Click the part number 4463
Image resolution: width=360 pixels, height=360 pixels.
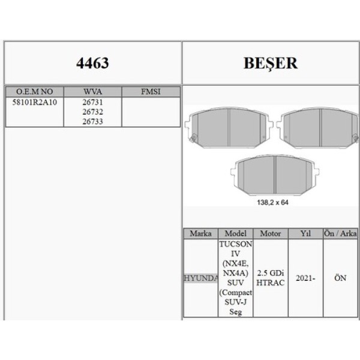coord(92,63)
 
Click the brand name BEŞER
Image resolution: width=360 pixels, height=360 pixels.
coord(271,63)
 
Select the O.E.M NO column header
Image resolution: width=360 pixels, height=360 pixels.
coord(34,92)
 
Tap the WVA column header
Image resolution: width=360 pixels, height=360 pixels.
coord(92,92)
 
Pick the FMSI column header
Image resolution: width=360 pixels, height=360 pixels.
coord(150,92)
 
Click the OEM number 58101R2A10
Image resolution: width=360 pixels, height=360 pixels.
coord(34,102)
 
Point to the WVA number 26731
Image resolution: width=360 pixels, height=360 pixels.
coord(92,102)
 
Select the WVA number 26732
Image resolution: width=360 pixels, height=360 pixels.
coord(92,112)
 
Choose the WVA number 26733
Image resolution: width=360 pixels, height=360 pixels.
coord(92,121)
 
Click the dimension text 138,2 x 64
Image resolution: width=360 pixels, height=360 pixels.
coord(272,203)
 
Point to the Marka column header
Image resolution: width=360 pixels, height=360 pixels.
coord(200,233)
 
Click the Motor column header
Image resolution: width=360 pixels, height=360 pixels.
coord(271,233)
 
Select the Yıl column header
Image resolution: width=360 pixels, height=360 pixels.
coord(305,233)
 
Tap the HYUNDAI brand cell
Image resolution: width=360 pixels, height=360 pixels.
coord(200,278)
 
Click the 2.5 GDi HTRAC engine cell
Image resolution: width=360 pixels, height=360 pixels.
coord(271,278)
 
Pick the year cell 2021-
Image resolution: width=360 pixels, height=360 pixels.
coord(305,278)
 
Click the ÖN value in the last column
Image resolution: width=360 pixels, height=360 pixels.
coord(340,278)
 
